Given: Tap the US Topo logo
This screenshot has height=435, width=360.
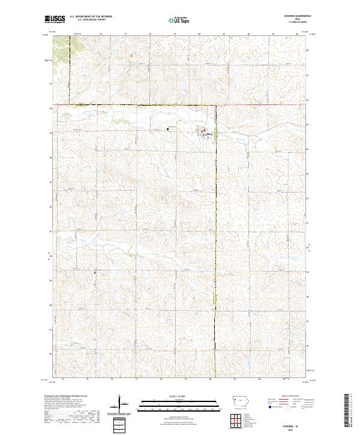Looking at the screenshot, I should pyautogui.click(x=174, y=20).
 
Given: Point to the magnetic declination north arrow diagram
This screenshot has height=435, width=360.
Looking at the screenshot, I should pyautogui.click(x=120, y=404).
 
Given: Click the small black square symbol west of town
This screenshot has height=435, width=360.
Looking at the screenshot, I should pyautogui.click(x=169, y=128).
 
